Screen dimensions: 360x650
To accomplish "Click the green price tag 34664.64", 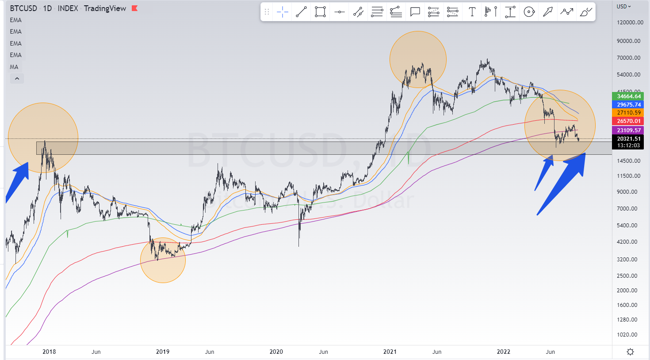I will pyautogui.click(x=628, y=96).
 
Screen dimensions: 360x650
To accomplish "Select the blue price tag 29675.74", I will pyautogui.click(x=628, y=105).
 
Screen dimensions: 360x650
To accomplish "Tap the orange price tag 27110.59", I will pyautogui.click(x=628, y=113).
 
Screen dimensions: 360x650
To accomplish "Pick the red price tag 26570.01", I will pyautogui.click(x=628, y=121).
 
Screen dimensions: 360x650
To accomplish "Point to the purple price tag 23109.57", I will pyautogui.click(x=628, y=130).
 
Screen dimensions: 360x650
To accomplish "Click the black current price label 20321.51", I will pyautogui.click(x=628, y=139).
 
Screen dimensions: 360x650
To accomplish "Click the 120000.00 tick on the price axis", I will pyautogui.click(x=630, y=23).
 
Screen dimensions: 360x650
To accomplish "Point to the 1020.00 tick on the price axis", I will pyautogui.click(x=627, y=335).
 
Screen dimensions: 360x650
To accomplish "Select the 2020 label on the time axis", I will pyautogui.click(x=276, y=352).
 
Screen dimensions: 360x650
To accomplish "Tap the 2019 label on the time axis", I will pyautogui.click(x=163, y=352).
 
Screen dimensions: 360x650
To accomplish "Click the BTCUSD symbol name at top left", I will pyautogui.click(x=23, y=8).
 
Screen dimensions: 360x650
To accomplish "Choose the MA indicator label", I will pyautogui.click(x=14, y=67).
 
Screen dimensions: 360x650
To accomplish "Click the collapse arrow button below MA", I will pyautogui.click(x=17, y=79).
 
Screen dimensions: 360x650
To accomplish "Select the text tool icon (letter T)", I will pyautogui.click(x=472, y=12).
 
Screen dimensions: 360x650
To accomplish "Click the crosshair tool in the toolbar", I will pyautogui.click(x=282, y=12).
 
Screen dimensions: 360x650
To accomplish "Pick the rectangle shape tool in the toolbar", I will pyautogui.click(x=320, y=12).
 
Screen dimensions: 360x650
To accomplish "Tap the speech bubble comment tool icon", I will pyautogui.click(x=415, y=12).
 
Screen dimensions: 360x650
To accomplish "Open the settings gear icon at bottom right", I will pyautogui.click(x=630, y=352).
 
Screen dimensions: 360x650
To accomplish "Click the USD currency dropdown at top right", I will pyautogui.click(x=624, y=7).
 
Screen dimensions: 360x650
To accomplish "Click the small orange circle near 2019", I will pyautogui.click(x=163, y=260).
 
